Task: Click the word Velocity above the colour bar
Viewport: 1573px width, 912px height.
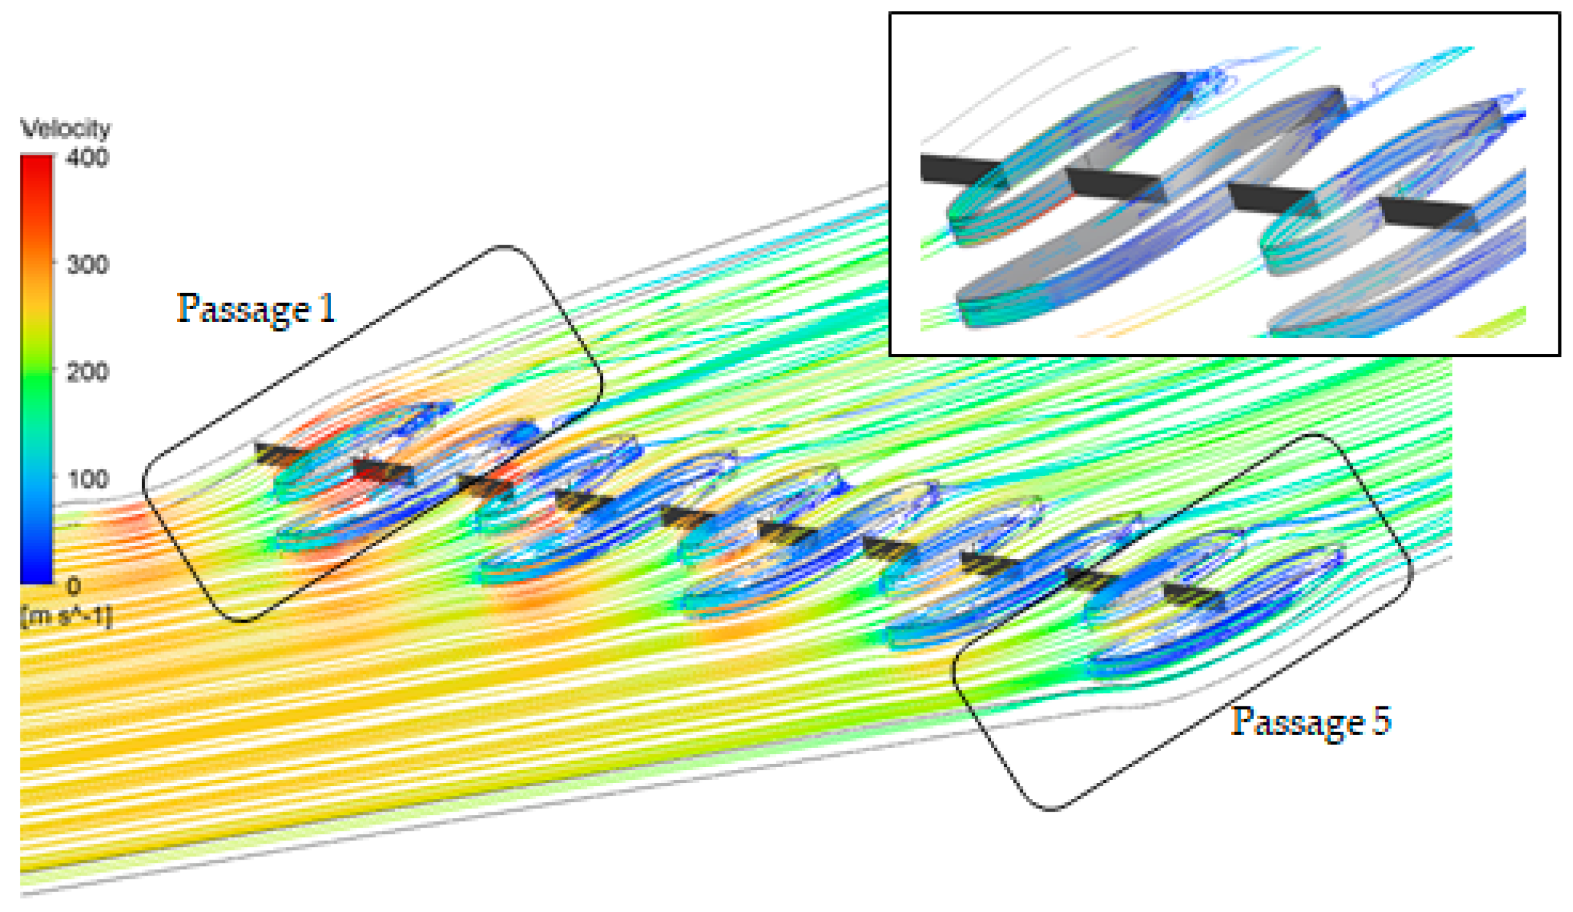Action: coord(66,129)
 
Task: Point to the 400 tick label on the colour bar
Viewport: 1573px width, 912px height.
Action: coord(88,157)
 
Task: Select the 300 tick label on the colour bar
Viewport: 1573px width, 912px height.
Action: coord(88,264)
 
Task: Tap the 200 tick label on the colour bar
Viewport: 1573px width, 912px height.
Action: coord(88,372)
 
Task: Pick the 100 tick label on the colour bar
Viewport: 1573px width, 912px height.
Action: coord(88,479)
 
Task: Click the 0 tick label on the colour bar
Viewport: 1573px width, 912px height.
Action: coord(74,586)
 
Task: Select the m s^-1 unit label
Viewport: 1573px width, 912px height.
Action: coord(66,618)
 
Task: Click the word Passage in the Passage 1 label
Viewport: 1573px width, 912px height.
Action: coord(244,309)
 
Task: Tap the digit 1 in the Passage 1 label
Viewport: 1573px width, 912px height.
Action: coord(326,307)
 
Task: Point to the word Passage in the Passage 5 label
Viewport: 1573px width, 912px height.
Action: coord(1298,722)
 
